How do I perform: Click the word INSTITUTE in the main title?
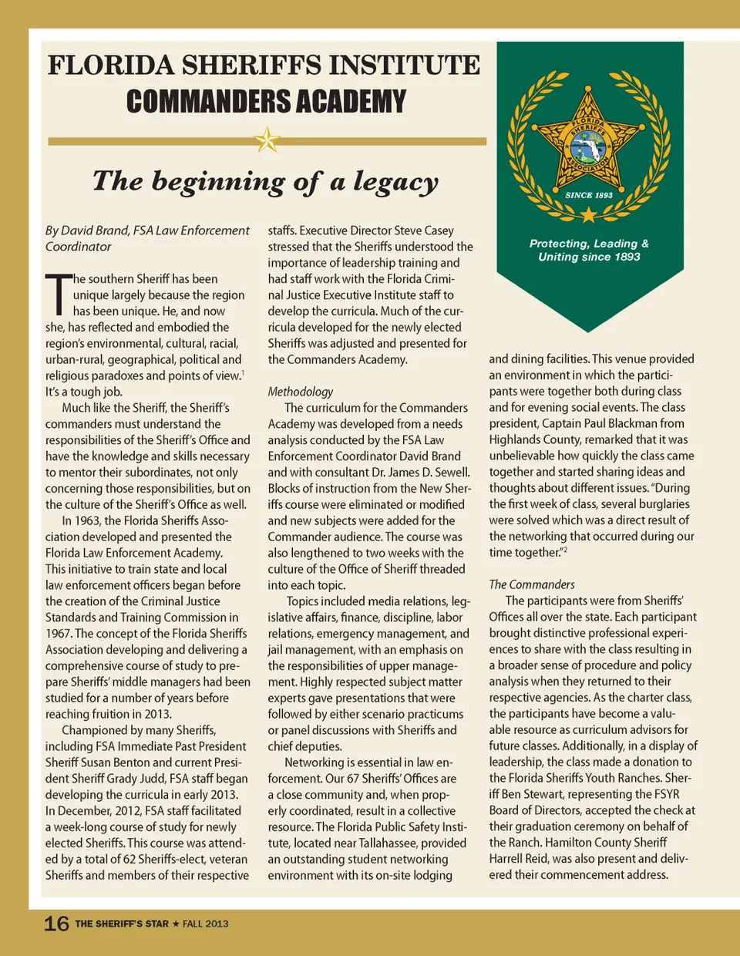click(x=405, y=66)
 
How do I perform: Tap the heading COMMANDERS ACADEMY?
click(x=266, y=102)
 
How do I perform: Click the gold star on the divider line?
click(x=267, y=140)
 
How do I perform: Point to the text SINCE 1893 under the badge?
click(x=589, y=195)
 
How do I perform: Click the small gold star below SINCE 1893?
click(x=589, y=213)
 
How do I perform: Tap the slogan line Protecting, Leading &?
click(x=589, y=244)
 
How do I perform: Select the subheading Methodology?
click(x=301, y=392)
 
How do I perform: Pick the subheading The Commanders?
click(x=532, y=584)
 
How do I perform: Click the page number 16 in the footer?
click(x=56, y=924)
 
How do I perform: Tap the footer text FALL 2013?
click(x=206, y=924)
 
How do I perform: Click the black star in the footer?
click(x=176, y=923)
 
